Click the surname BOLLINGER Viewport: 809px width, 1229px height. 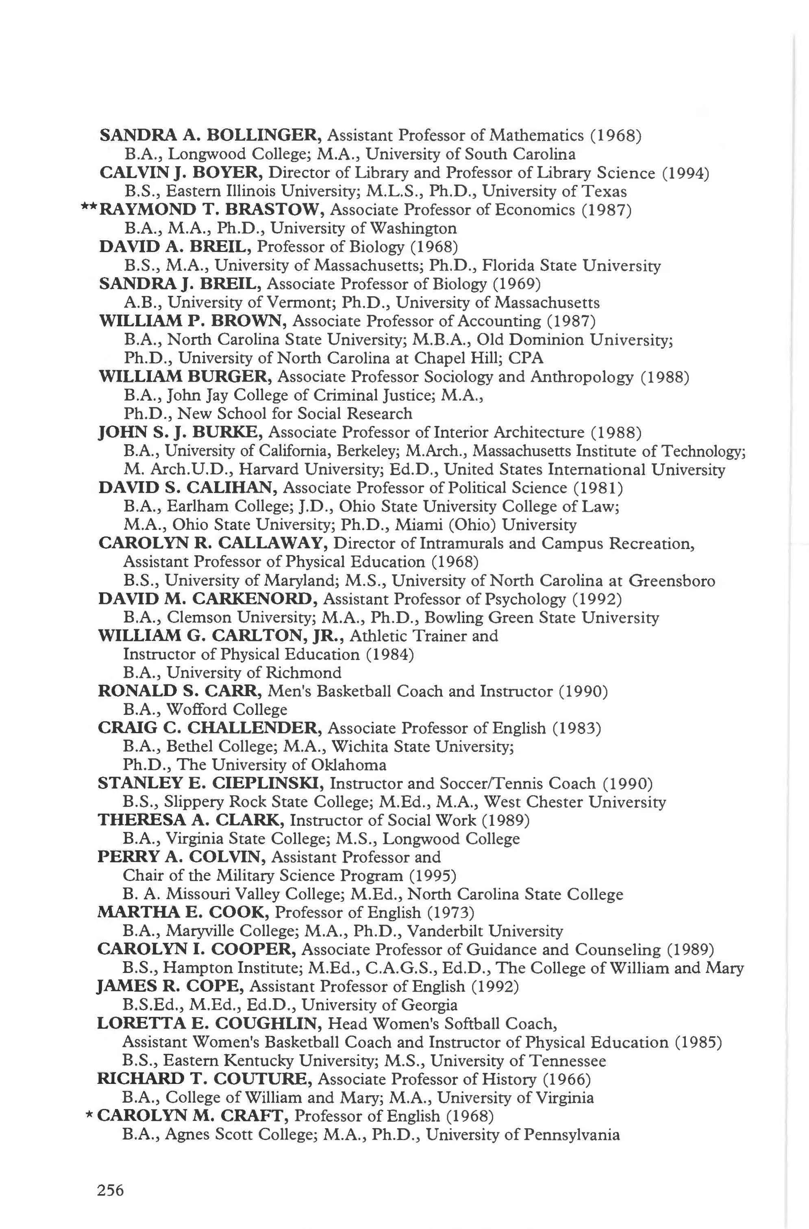(x=265, y=135)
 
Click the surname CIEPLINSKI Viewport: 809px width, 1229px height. (x=268, y=783)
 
